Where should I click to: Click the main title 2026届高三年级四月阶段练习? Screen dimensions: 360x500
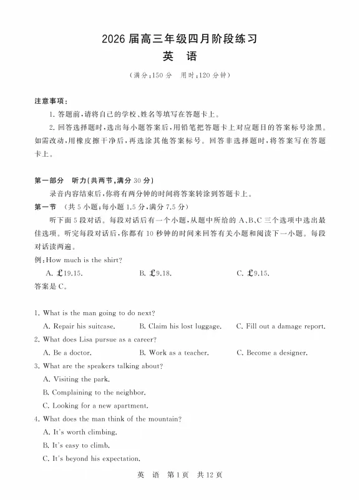click(x=180, y=38)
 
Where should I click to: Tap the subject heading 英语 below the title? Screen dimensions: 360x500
click(x=180, y=57)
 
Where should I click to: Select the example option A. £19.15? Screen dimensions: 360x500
click(x=64, y=273)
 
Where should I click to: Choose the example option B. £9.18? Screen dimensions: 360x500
click(x=156, y=273)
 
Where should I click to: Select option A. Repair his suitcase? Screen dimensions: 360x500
click(x=79, y=326)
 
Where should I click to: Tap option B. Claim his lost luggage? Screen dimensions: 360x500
click(x=180, y=326)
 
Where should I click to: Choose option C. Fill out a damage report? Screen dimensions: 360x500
click(x=281, y=326)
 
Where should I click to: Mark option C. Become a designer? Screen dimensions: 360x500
click(x=272, y=353)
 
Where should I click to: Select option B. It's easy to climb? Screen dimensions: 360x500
click(x=77, y=446)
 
